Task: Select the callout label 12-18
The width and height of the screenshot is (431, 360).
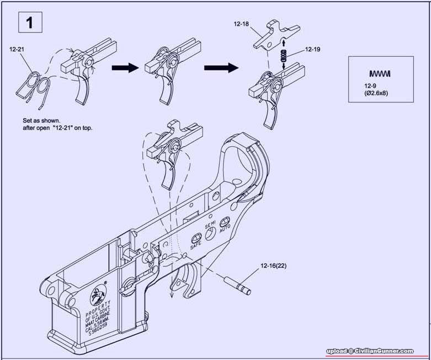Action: tap(241, 25)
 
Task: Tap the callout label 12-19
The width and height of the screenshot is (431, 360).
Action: tap(312, 50)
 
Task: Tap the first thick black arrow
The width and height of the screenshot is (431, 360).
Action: tap(125, 67)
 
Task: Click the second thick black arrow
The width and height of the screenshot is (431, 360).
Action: tap(222, 67)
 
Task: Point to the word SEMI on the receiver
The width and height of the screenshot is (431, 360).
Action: tap(210, 227)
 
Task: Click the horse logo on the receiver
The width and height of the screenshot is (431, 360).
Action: tap(97, 296)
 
